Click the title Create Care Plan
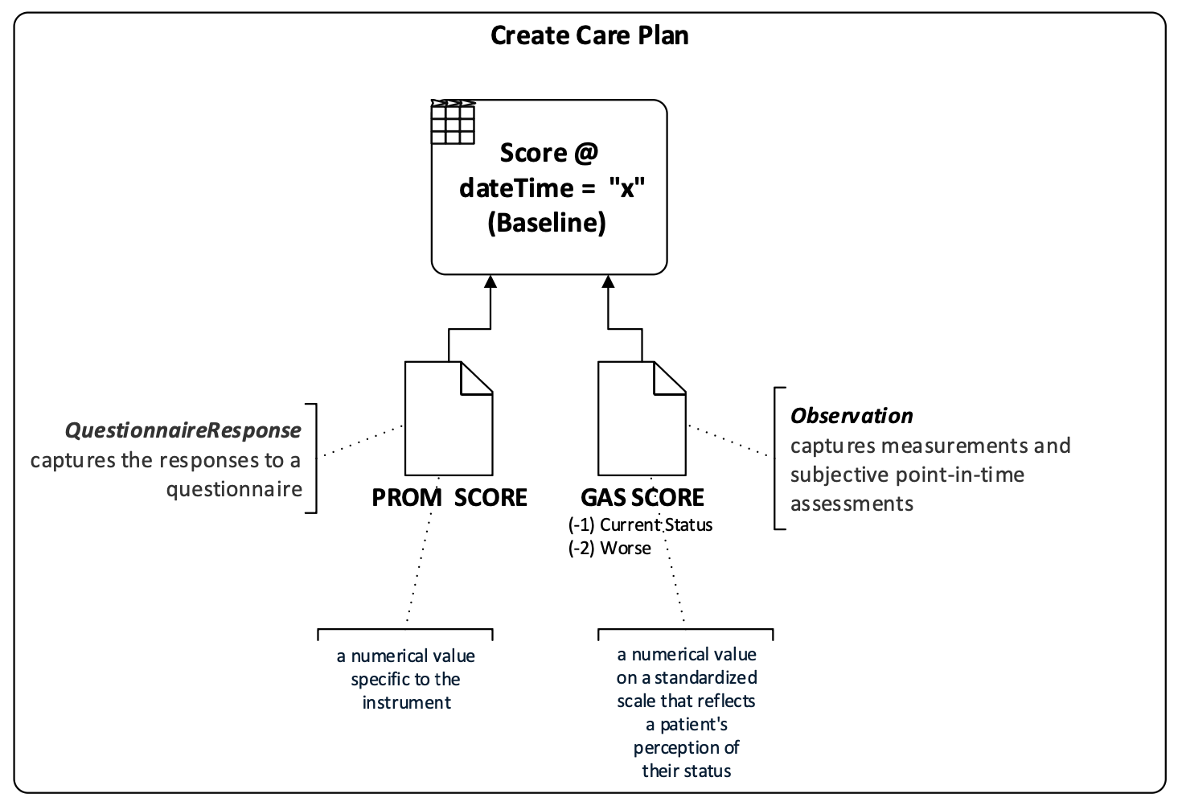coord(589,36)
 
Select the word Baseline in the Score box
coord(547,223)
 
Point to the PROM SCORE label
coord(449,498)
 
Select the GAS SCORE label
coord(642,498)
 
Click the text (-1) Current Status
coord(640,525)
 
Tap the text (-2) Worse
coord(609,549)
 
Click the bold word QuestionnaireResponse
coord(183,431)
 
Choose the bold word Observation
coord(852,416)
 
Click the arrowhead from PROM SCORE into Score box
coord(490,282)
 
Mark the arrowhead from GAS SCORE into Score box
coord(608,282)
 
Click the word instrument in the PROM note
coord(406,703)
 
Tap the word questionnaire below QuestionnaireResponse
coord(234,489)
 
